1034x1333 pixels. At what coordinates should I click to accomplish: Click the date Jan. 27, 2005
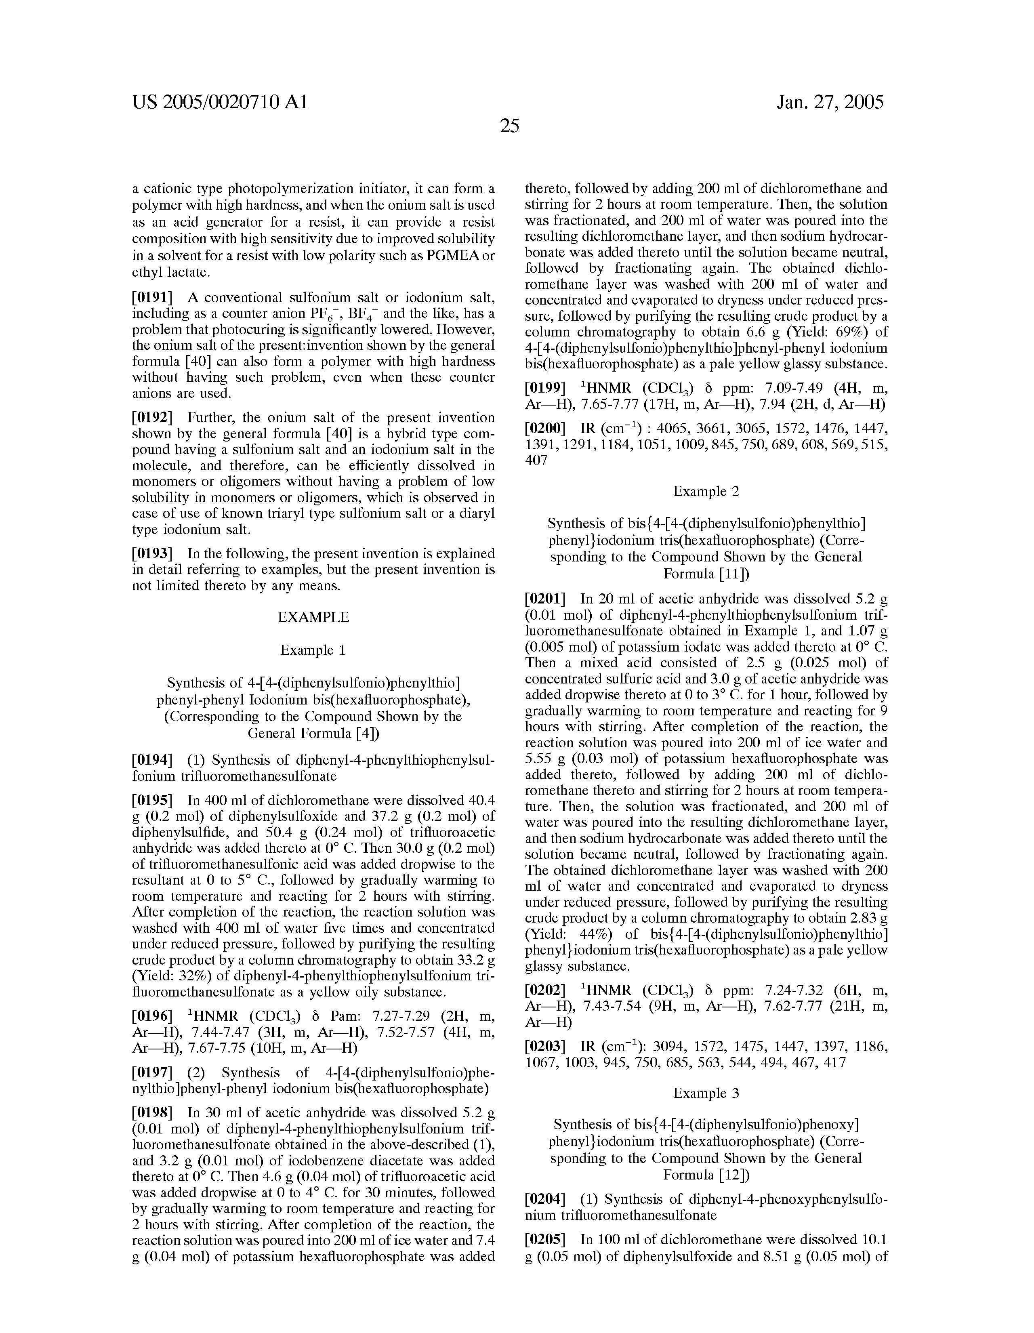[830, 102]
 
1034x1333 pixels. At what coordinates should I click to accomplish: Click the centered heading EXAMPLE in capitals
[313, 618]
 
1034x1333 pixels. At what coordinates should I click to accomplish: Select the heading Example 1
[313, 651]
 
